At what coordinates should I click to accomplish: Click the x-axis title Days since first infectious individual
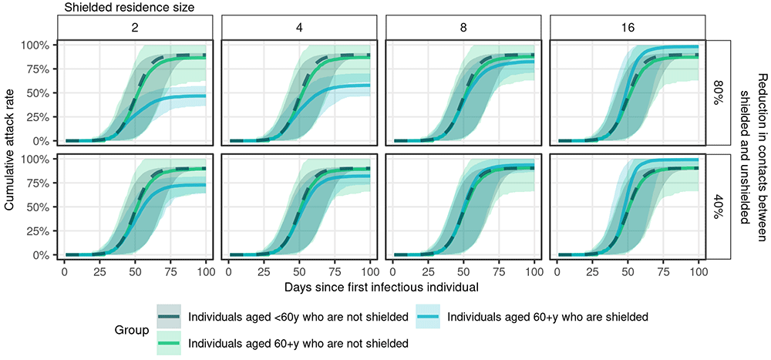tap(380, 288)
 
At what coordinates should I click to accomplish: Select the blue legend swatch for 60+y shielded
tap(428, 316)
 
